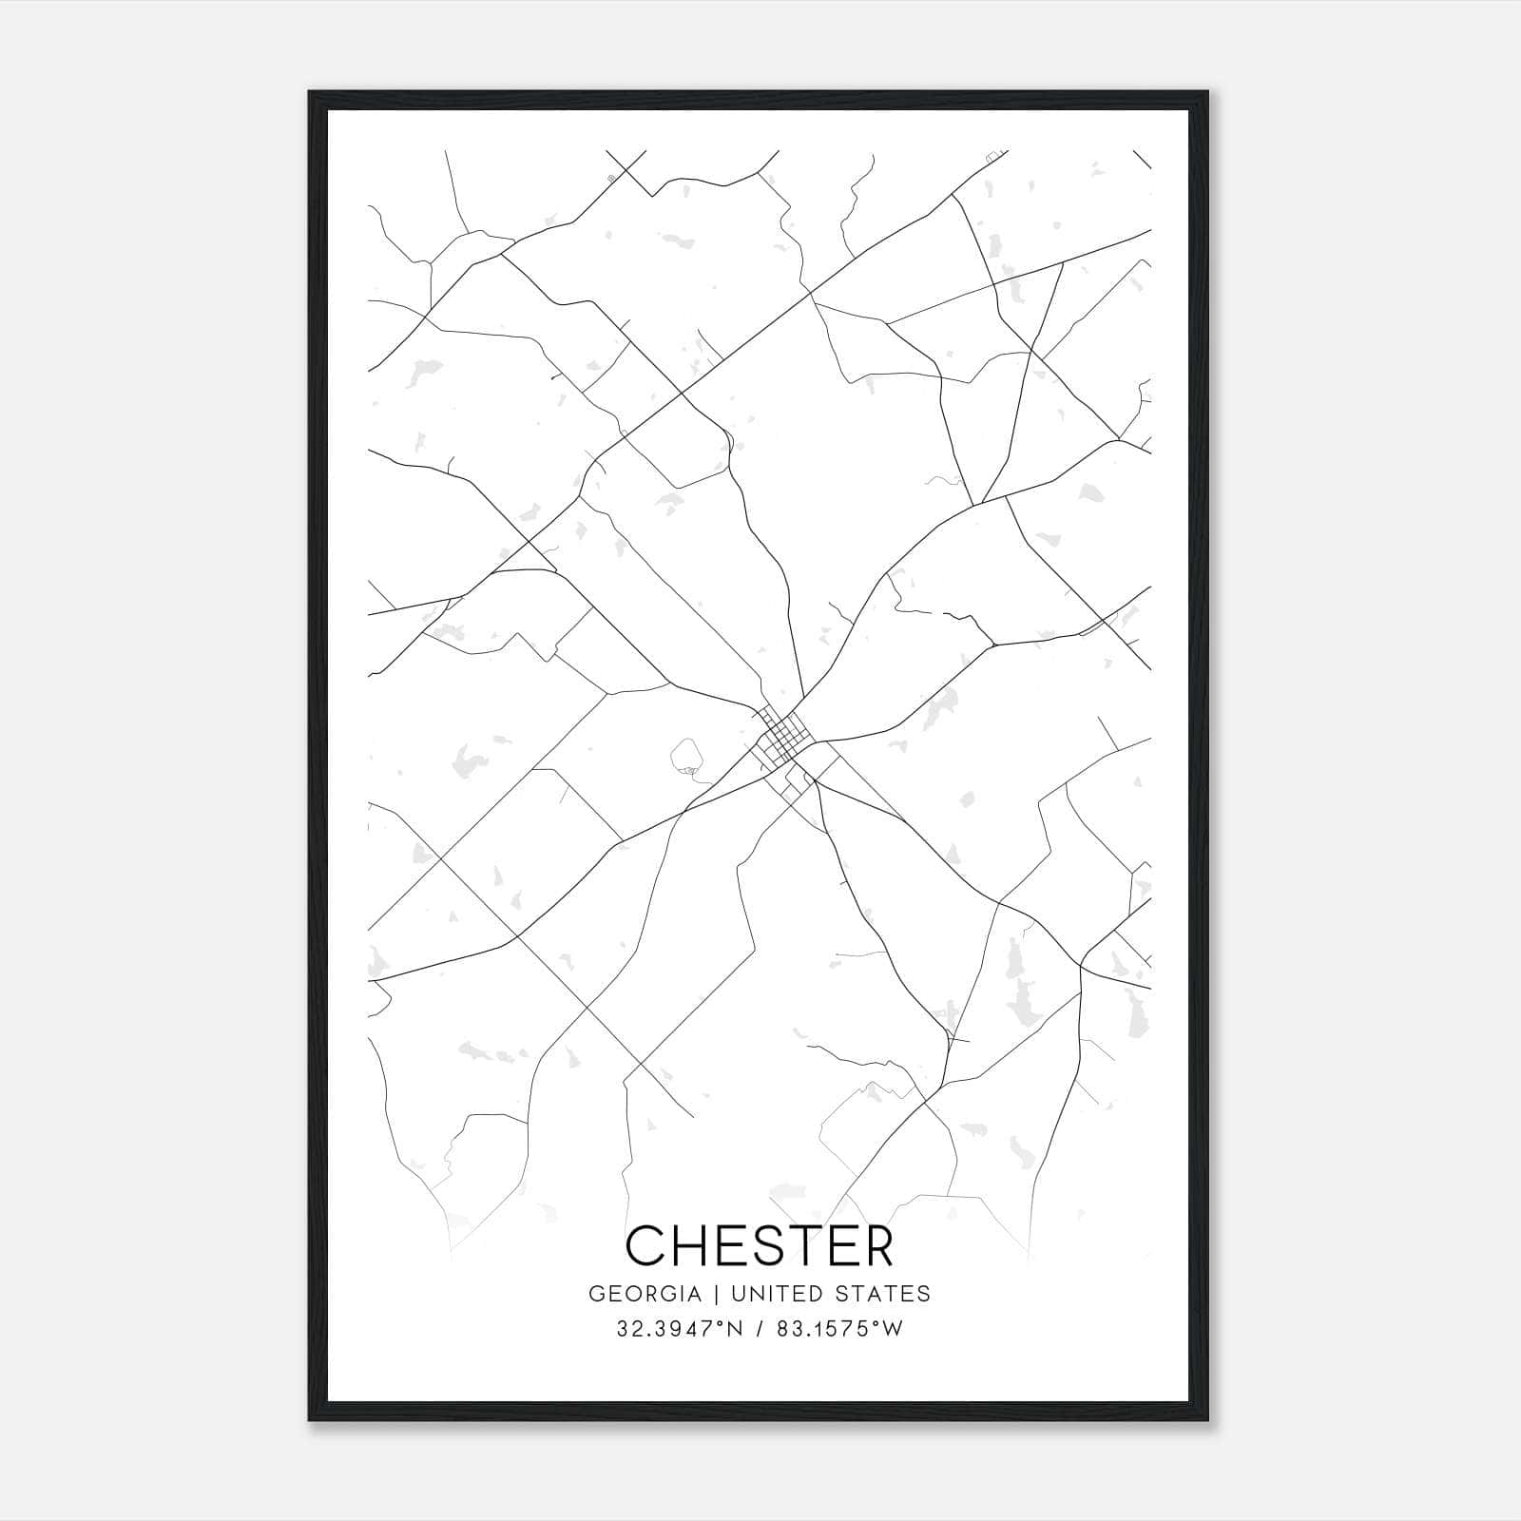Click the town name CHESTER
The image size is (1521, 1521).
[x=760, y=1245]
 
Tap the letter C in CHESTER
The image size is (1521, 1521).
[x=646, y=1245]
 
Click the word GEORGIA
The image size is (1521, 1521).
[x=645, y=1294]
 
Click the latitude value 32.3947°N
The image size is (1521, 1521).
[x=677, y=1329]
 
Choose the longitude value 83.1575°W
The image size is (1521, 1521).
[x=839, y=1329]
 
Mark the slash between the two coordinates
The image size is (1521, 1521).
[x=759, y=1329]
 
